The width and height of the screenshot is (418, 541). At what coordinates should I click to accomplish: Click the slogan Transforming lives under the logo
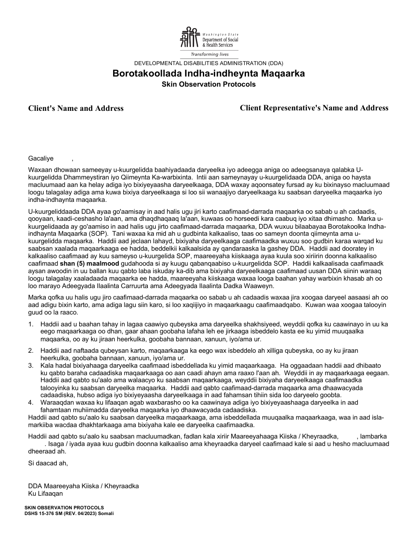(209, 54)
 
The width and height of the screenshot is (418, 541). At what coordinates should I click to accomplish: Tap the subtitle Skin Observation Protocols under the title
(209, 84)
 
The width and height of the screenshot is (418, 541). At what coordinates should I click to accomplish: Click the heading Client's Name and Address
(76, 108)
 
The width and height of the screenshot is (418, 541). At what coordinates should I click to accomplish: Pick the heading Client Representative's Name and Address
(314, 108)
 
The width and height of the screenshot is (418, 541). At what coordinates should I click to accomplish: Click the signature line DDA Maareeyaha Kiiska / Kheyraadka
(83, 486)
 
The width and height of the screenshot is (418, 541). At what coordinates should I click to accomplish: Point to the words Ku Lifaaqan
(45, 493)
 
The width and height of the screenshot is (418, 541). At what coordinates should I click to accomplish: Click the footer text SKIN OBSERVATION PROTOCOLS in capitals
(64, 508)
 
